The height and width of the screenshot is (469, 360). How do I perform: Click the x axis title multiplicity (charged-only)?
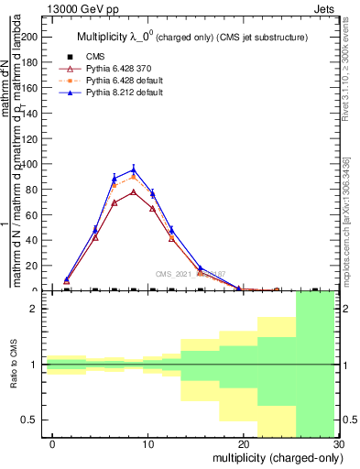[274, 457]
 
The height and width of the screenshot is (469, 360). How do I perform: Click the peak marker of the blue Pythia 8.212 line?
[134, 169]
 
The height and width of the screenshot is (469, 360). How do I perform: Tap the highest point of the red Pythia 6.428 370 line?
[134, 191]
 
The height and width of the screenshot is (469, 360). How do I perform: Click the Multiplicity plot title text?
[191, 37]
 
